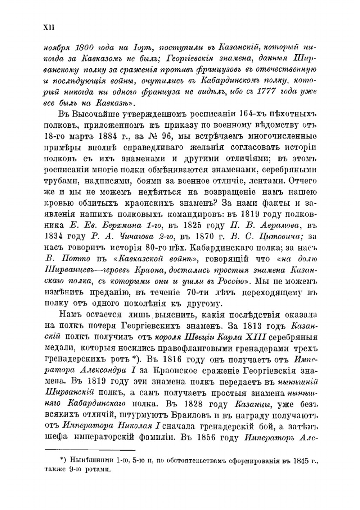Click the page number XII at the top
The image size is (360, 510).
[49, 28]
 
